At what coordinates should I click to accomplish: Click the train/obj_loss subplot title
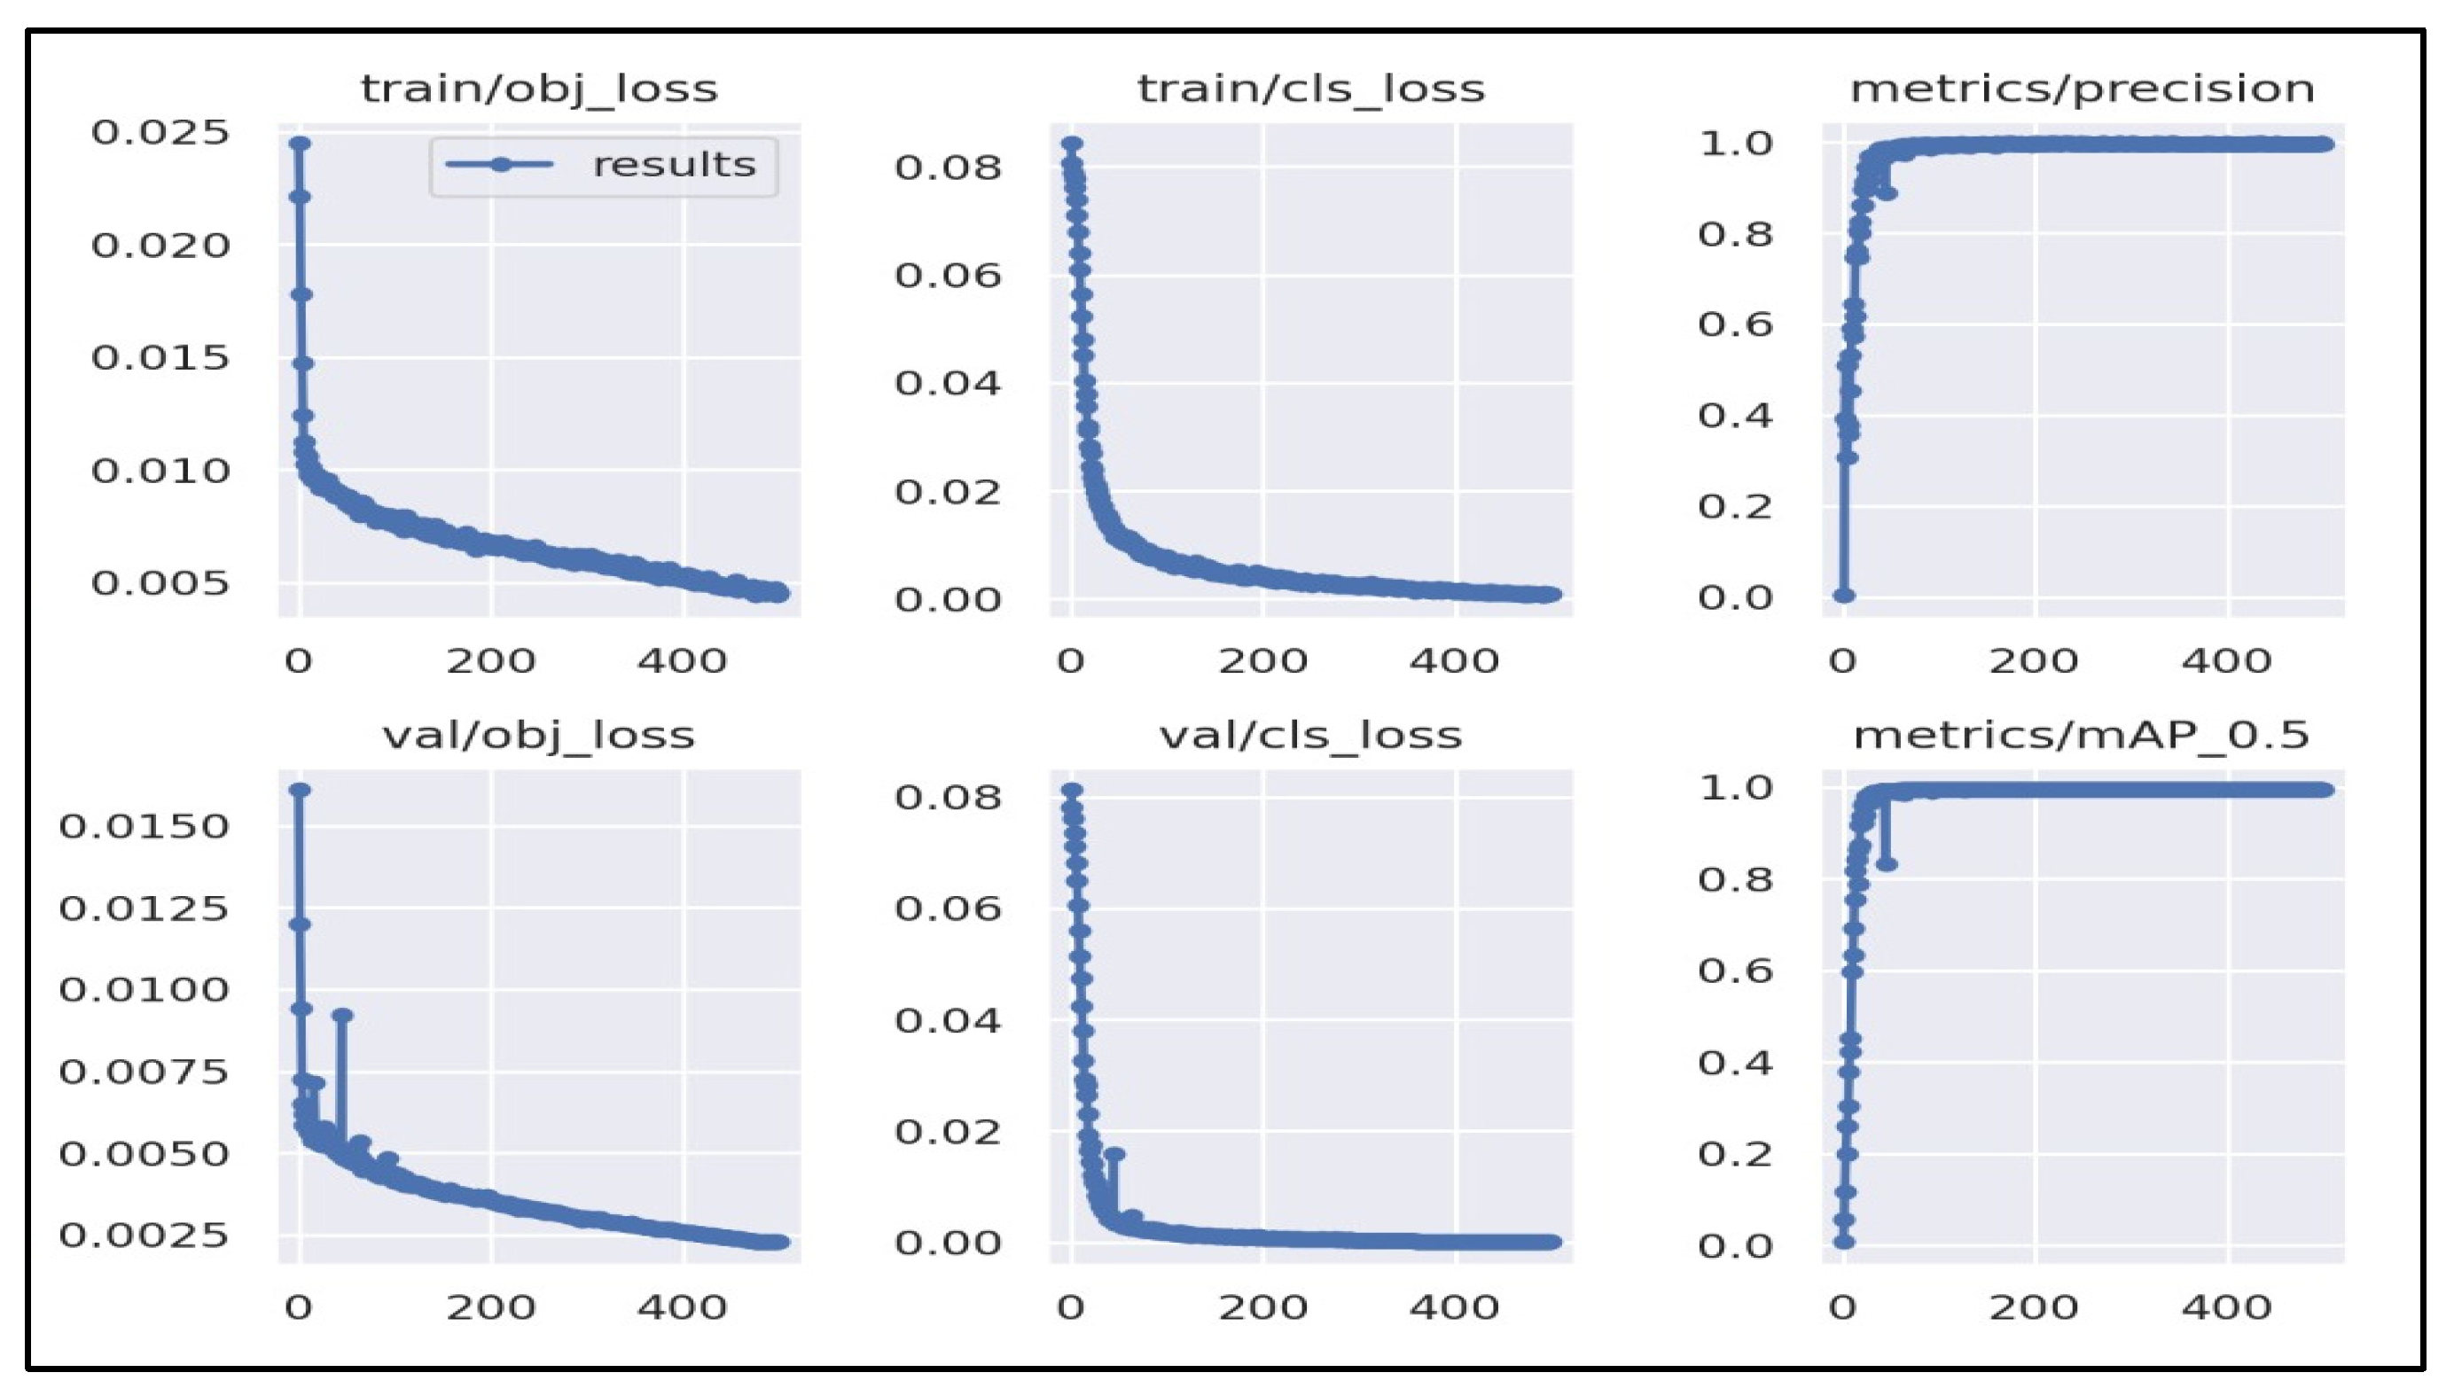click(539, 90)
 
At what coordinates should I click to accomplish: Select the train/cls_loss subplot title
click(1311, 90)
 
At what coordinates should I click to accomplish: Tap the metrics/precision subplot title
click(2082, 90)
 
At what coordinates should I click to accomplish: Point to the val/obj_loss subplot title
click(539, 736)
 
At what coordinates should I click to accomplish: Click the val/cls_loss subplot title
click(1311, 736)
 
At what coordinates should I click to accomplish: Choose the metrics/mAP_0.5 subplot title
click(2082, 736)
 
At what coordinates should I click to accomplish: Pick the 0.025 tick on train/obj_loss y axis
click(160, 132)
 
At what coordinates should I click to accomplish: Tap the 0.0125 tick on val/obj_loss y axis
click(144, 907)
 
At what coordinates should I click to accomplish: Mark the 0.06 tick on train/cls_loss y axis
click(948, 275)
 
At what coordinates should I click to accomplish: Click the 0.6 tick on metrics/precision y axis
click(1735, 324)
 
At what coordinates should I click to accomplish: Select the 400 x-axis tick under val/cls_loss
click(1454, 1306)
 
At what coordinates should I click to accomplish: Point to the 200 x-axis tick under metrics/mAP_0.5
click(2033, 1306)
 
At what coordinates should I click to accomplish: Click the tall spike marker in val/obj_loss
click(342, 1016)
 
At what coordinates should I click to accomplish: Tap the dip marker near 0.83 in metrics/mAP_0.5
click(1887, 864)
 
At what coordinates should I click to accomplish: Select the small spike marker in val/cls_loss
click(1114, 1154)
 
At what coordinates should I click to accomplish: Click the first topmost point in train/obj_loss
click(301, 143)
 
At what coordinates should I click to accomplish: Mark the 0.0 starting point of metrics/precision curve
click(1843, 596)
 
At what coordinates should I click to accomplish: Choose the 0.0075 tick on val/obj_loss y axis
click(144, 1071)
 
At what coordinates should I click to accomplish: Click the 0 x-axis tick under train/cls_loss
click(1071, 660)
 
